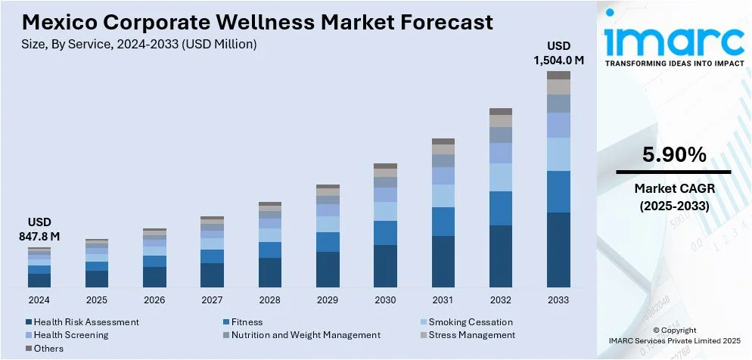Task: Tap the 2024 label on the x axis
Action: click(x=39, y=299)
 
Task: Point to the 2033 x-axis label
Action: click(x=558, y=299)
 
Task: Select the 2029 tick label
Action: click(x=328, y=299)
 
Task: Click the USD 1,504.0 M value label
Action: click(x=559, y=54)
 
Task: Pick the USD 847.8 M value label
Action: click(x=39, y=230)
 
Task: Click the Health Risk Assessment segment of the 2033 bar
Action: click(x=558, y=250)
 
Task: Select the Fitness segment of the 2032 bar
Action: click(x=501, y=208)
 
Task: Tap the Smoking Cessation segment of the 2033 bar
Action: click(x=558, y=154)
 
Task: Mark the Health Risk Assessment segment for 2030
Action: click(x=385, y=265)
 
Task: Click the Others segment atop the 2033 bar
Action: click(x=558, y=75)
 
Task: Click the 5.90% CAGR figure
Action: click(x=674, y=156)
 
